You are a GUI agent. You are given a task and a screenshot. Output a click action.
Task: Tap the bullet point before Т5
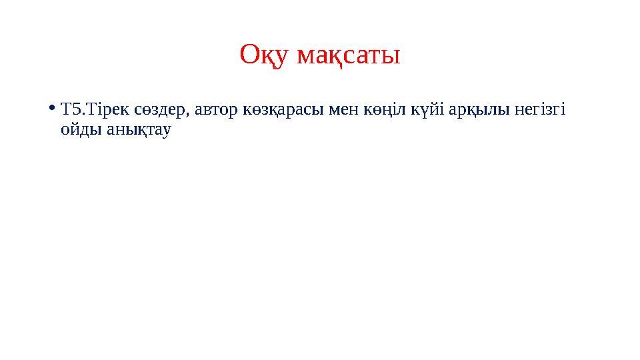(x=52, y=108)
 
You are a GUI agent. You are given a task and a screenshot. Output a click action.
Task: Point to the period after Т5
(x=79, y=113)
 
